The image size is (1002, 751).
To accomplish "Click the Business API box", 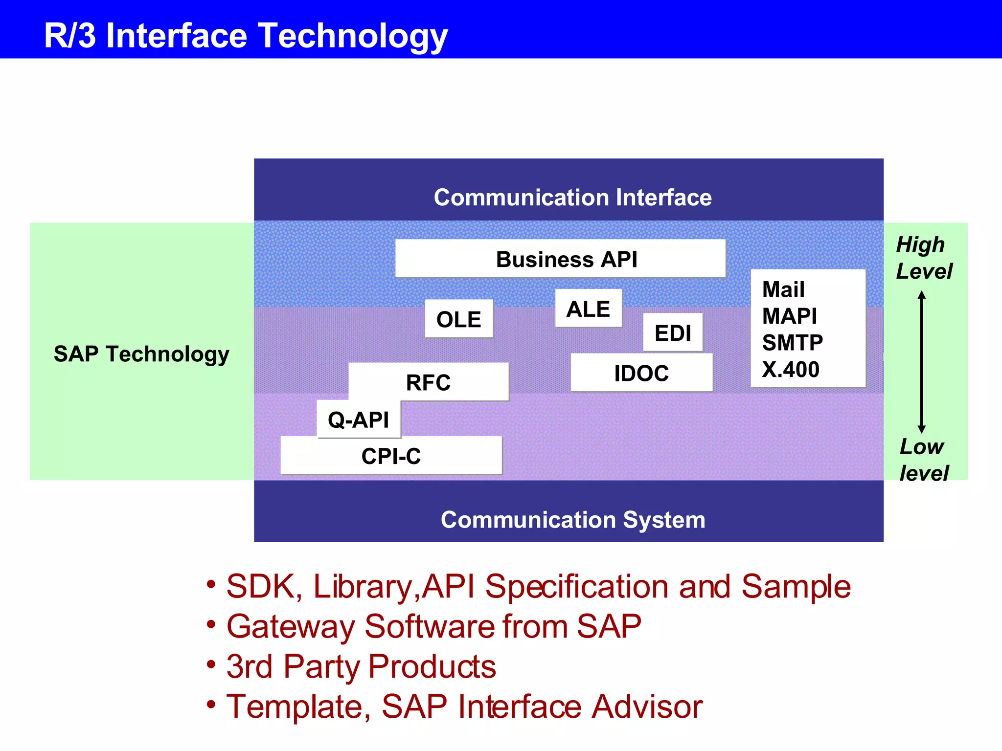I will point(560,259).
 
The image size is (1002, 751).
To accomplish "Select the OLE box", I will point(458,319).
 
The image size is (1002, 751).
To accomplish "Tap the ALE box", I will point(588,309).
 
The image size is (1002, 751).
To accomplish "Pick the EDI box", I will point(673,333).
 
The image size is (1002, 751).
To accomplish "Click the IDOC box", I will point(641,373).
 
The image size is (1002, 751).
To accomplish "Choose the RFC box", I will point(428,382).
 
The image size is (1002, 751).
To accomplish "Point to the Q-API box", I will point(358,420).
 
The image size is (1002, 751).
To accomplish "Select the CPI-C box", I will point(391,456).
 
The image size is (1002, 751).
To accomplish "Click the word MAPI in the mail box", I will point(789,316).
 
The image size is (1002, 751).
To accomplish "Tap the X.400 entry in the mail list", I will point(790,369).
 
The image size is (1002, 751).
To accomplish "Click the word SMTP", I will point(792,342).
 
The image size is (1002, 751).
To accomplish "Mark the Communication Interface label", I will point(572,198).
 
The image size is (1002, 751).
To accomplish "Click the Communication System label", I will point(572,520).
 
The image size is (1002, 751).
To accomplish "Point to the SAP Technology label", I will point(141,353).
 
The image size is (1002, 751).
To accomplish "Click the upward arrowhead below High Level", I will point(922,295).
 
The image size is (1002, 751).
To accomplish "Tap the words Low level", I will point(923,460).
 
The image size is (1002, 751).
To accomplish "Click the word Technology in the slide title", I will point(353,36).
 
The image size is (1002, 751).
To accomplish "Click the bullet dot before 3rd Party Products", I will point(211,664).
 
